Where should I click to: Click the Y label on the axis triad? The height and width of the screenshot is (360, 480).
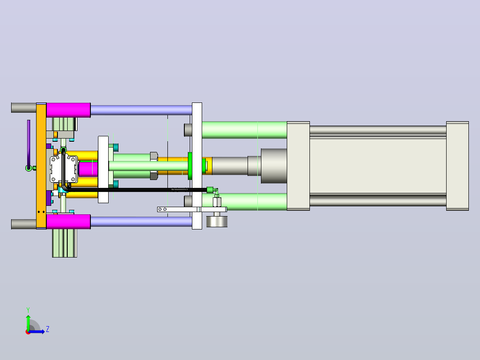click(28, 310)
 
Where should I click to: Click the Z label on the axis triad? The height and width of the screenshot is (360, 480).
click(48, 329)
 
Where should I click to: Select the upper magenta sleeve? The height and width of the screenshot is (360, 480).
click(68, 110)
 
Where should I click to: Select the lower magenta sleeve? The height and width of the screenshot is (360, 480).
click(68, 221)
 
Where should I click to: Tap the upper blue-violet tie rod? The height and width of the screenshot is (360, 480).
click(141, 110)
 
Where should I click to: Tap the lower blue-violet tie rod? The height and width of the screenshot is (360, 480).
click(141, 221)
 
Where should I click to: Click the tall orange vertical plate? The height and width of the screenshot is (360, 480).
click(41, 166)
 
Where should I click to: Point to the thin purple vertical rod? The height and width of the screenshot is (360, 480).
click(29, 143)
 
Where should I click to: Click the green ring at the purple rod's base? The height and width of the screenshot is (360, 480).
click(28, 168)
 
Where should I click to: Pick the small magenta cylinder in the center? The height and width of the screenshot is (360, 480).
click(88, 169)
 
